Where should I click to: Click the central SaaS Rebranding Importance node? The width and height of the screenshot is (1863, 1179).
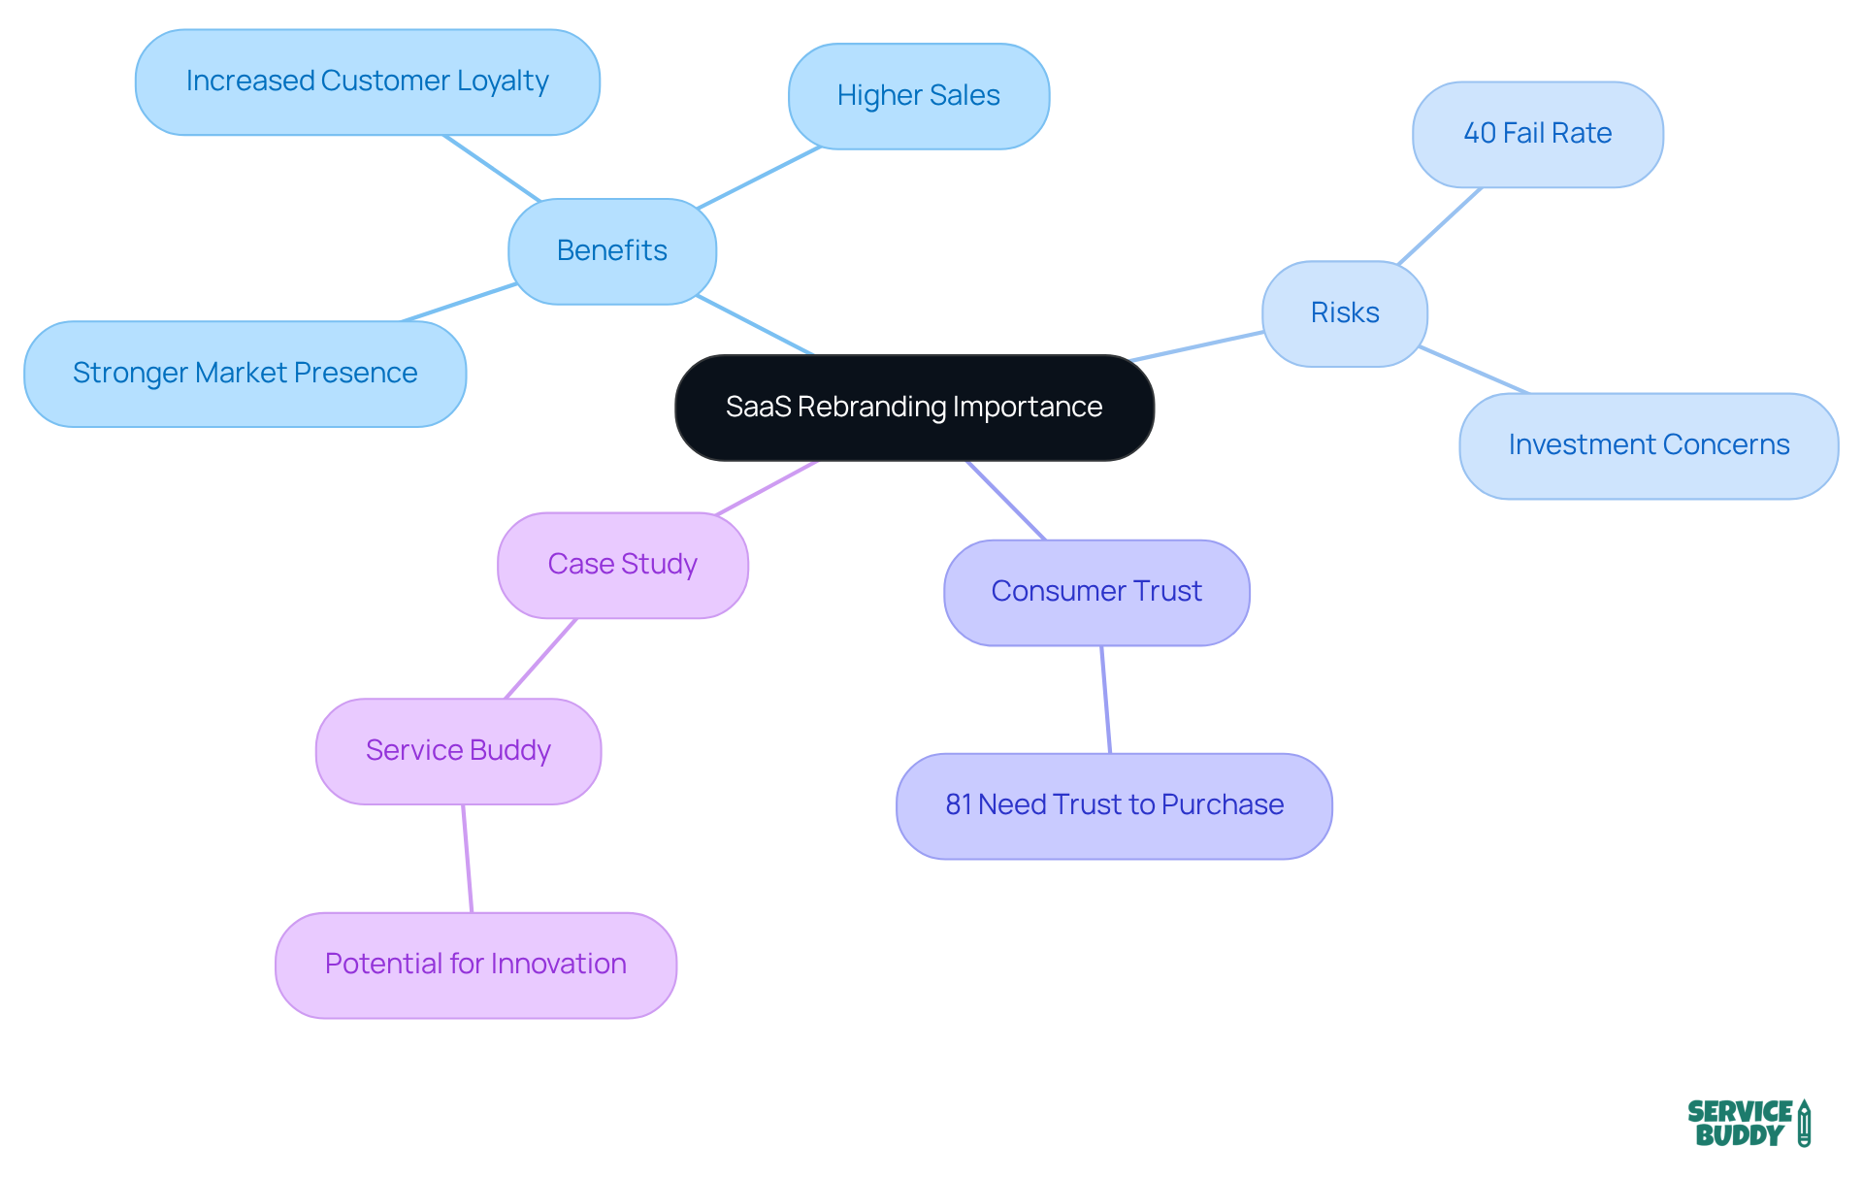coord(914,408)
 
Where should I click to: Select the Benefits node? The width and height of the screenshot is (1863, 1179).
coord(612,251)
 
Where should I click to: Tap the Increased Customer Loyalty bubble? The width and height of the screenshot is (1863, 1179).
coord(367,82)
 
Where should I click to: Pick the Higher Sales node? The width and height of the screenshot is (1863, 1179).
coord(918,96)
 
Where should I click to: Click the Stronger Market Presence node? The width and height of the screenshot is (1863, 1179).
coord(245,374)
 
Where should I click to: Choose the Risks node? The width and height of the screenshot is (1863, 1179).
coord(1344,313)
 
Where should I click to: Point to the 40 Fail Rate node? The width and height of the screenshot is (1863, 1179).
coord(1537,134)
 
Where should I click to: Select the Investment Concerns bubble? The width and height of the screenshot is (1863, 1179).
coord(1648,445)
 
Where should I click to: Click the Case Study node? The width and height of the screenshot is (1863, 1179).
coord(622,565)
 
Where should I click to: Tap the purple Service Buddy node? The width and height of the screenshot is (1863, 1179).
coord(458,751)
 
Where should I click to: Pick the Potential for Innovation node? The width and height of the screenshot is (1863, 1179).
coord(475,965)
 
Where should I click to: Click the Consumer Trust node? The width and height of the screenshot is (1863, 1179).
coord(1096,592)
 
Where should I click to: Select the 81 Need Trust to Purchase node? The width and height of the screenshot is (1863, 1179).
coord(1114,805)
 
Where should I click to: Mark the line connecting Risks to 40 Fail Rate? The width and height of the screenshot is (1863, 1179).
coord(1440,225)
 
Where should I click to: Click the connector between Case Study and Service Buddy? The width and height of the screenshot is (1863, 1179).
coord(541,658)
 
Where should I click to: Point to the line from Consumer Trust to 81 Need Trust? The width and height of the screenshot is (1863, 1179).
coord(1106,699)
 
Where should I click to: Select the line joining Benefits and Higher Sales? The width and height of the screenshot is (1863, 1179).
coord(759,177)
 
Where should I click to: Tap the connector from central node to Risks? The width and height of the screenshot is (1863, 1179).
coord(1197,346)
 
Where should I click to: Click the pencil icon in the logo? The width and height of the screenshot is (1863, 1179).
coord(1804,1124)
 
